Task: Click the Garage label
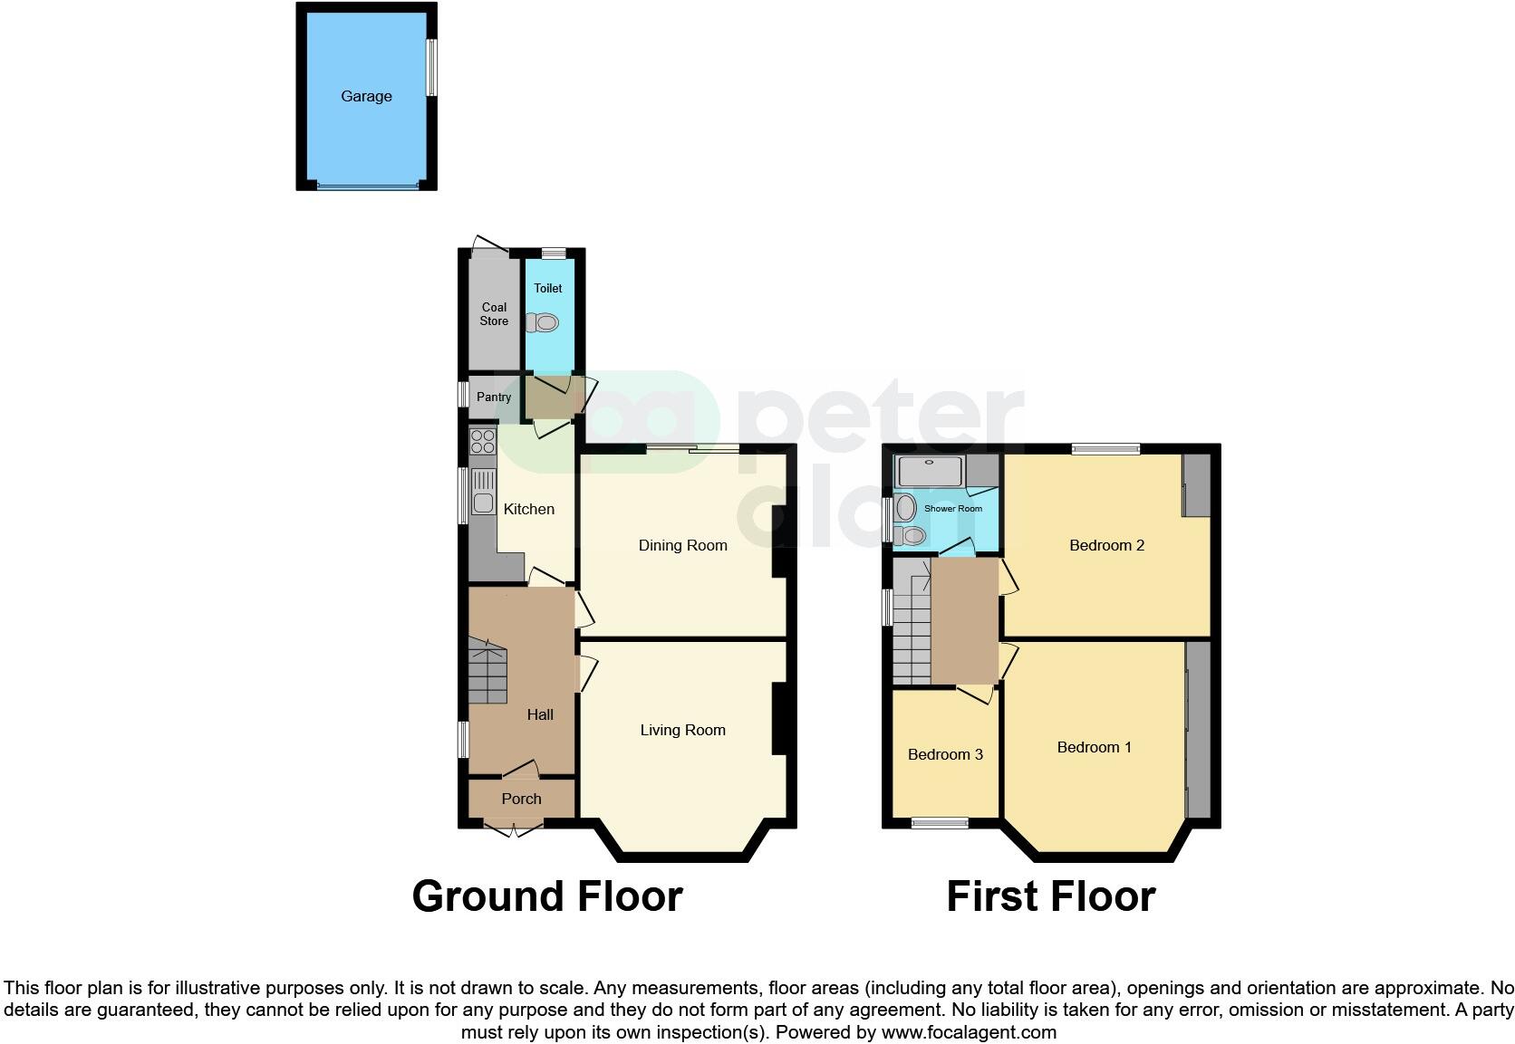pyautogui.click(x=366, y=96)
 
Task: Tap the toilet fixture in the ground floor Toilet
pyautogui.click(x=545, y=322)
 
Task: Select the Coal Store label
pyautogui.click(x=494, y=313)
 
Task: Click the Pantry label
pyautogui.click(x=494, y=397)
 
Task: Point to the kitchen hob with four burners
pyautogui.click(x=483, y=442)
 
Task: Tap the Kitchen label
pyautogui.click(x=529, y=509)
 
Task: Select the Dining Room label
pyautogui.click(x=682, y=545)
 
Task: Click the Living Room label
pyautogui.click(x=682, y=730)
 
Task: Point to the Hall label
pyautogui.click(x=540, y=714)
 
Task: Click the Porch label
pyautogui.click(x=521, y=799)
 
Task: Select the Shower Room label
pyautogui.click(x=952, y=509)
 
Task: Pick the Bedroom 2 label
pyautogui.click(x=1106, y=545)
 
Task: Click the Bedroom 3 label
pyautogui.click(x=945, y=754)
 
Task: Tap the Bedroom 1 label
pyautogui.click(x=1094, y=747)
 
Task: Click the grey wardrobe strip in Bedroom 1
pyautogui.click(x=1198, y=729)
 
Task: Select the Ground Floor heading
pyautogui.click(x=546, y=896)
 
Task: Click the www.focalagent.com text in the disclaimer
pyautogui.click(x=969, y=1032)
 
